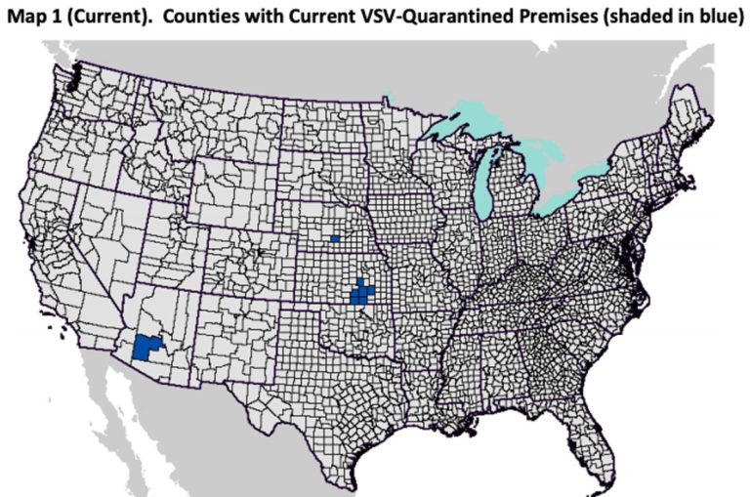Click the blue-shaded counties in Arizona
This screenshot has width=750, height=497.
click(148, 348)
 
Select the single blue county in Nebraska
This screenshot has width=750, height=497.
click(335, 238)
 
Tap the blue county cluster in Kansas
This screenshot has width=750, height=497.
click(361, 292)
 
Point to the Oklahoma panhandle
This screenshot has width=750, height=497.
click(299, 314)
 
